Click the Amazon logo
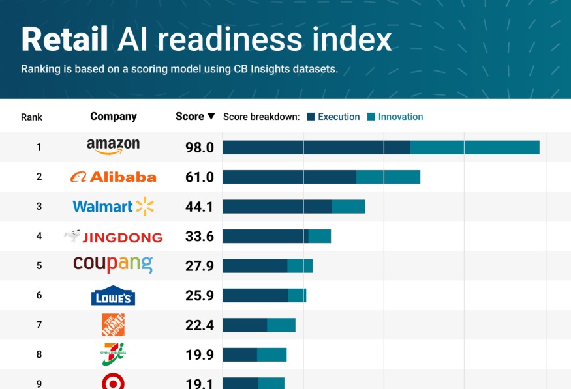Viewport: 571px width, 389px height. click(113, 147)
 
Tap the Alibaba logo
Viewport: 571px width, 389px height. click(113, 177)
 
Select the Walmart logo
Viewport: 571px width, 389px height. click(113, 207)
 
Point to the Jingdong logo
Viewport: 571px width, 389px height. click(113, 237)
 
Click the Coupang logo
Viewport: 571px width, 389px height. click(113, 264)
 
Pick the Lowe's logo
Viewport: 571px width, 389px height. click(113, 296)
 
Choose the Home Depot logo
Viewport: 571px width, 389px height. click(113, 325)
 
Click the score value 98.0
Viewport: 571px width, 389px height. click(200, 147)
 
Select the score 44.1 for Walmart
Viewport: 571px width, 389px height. click(200, 207)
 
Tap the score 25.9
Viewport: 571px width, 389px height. click(200, 296)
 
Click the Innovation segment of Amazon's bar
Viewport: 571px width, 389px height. click(474, 147)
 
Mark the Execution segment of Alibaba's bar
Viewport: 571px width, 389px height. click(289, 177)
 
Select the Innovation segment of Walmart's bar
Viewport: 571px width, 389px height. click(348, 207)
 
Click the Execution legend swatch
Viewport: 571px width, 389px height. click(311, 117)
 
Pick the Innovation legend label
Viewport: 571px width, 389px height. click(401, 117)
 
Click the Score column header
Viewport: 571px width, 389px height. click(190, 117)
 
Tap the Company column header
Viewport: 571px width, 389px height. click(114, 117)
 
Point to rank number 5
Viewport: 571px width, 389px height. click(39, 266)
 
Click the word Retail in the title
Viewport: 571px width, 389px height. click(64, 40)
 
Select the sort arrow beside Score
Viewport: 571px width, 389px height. click(211, 117)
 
